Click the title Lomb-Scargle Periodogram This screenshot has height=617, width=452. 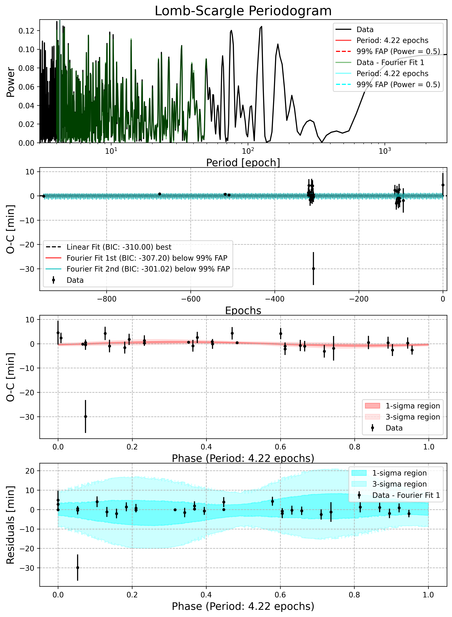[x=243, y=11]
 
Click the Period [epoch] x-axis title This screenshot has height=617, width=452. [x=243, y=163]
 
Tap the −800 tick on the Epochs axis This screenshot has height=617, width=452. [x=107, y=299]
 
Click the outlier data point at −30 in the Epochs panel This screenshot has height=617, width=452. [x=313, y=269]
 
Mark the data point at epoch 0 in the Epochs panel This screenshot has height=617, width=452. [x=443, y=185]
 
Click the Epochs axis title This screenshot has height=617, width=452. [x=243, y=310]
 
